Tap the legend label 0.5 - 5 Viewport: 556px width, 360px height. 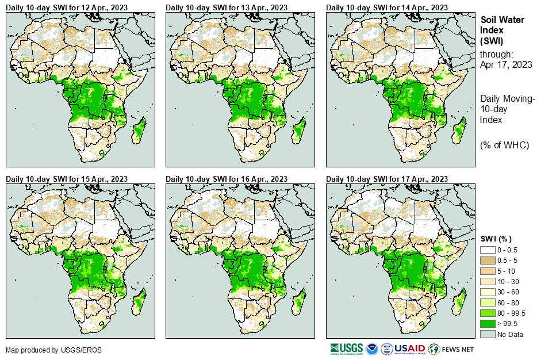coord(509,260)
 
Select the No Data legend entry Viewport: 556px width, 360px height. coord(510,334)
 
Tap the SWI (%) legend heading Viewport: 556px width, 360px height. coord(496,239)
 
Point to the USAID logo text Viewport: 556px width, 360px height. coord(410,348)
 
